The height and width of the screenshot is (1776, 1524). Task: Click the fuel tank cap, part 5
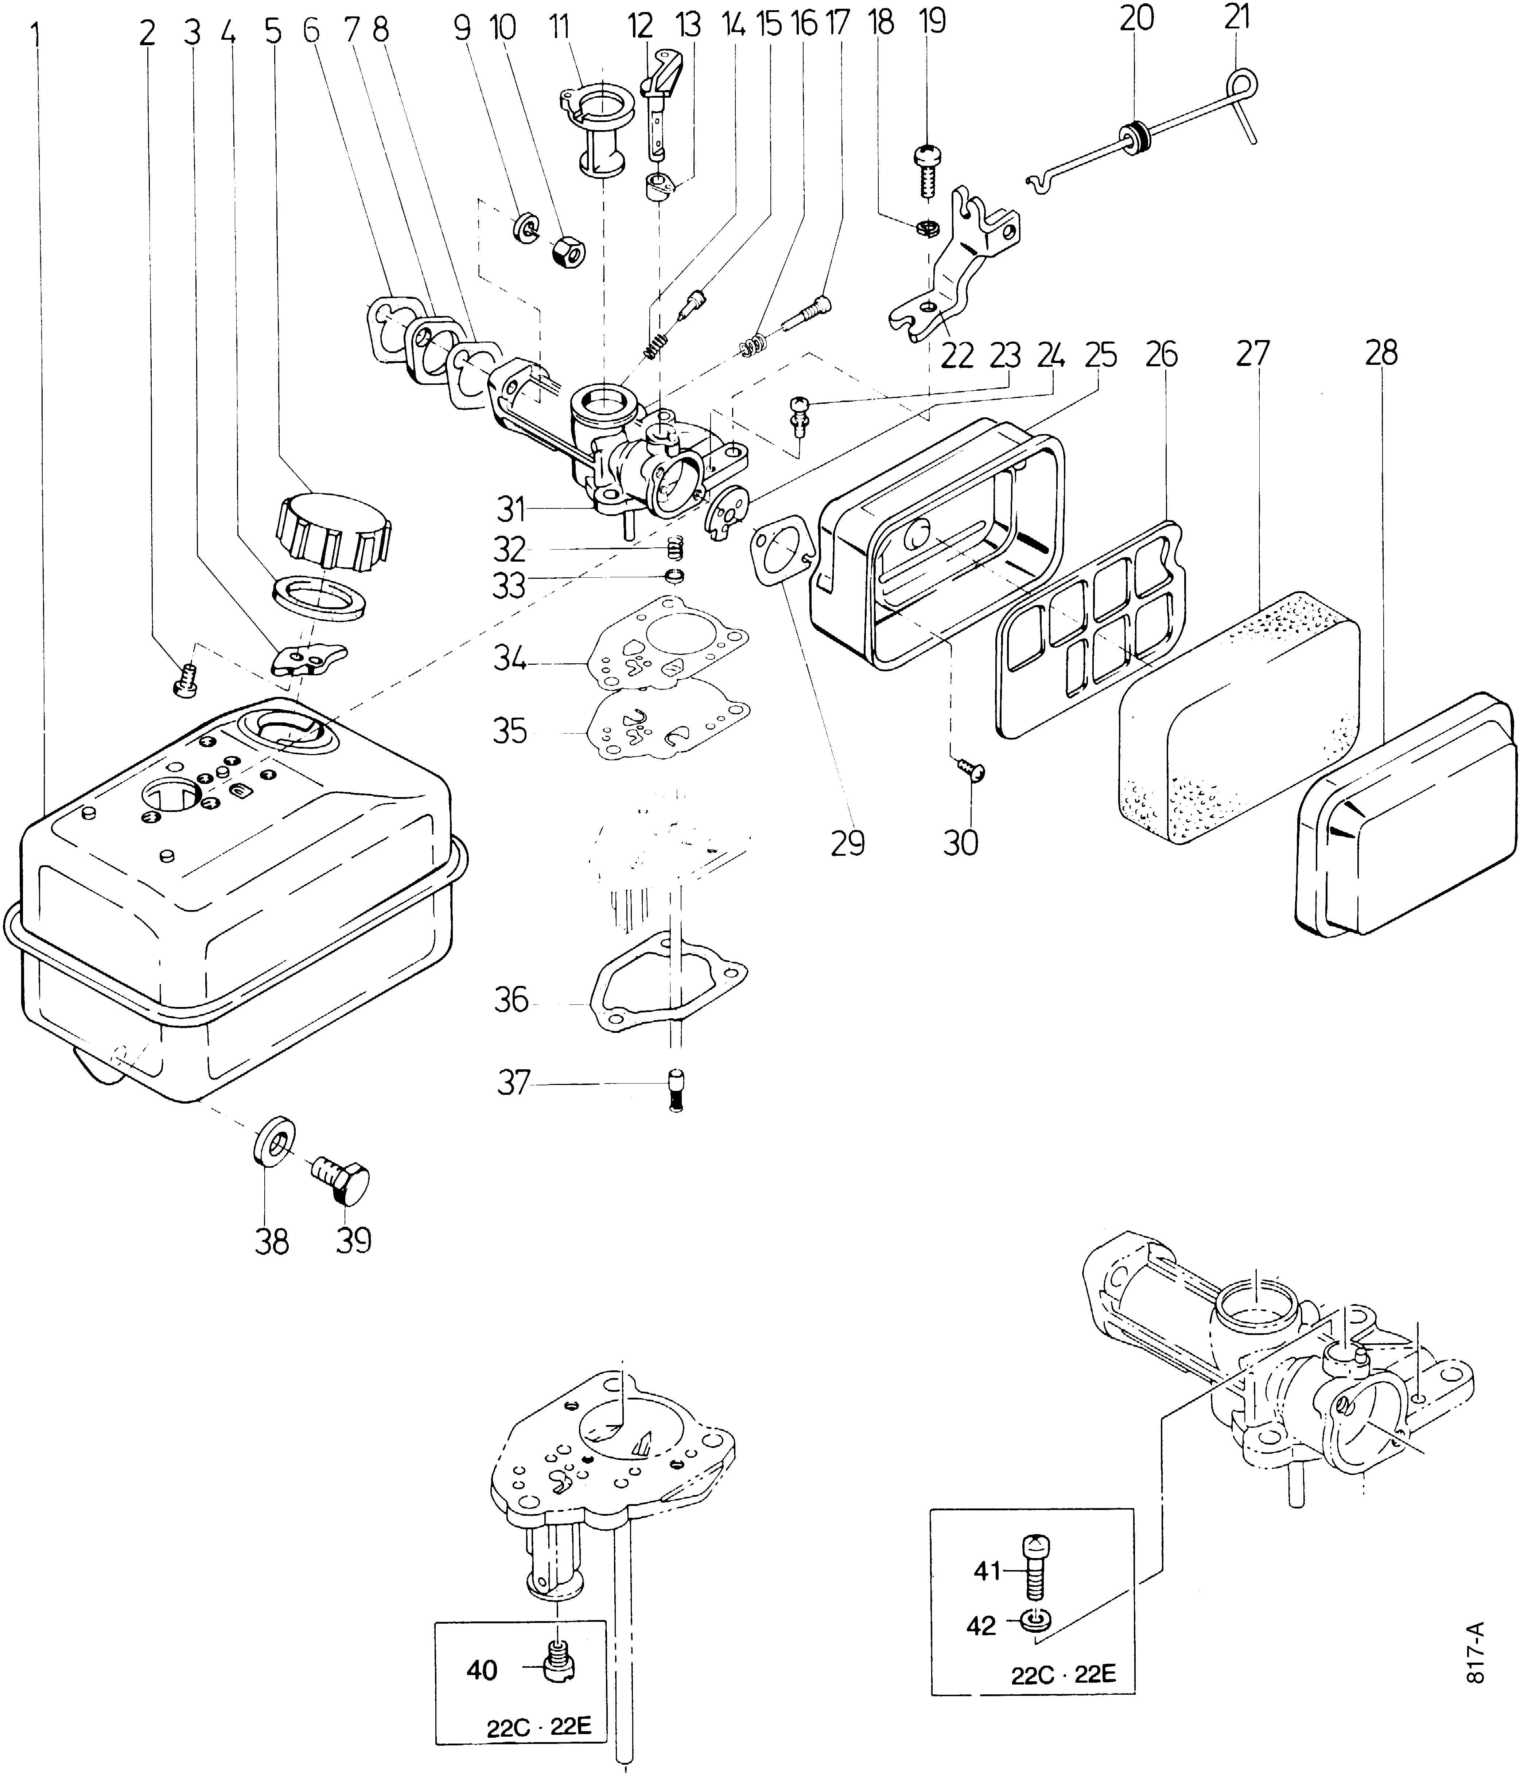[x=334, y=529]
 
